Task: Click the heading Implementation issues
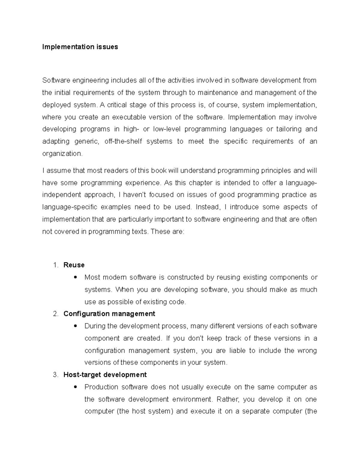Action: point(80,47)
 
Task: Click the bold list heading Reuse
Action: point(74,265)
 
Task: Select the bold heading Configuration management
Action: point(109,314)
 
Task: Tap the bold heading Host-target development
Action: point(105,375)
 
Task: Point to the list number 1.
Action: point(55,265)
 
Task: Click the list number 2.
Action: point(55,314)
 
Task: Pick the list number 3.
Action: point(55,375)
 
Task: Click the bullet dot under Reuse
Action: point(75,277)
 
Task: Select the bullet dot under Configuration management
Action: point(75,326)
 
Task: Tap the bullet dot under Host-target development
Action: point(75,387)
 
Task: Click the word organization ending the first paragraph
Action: point(61,154)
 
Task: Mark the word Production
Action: point(101,387)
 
